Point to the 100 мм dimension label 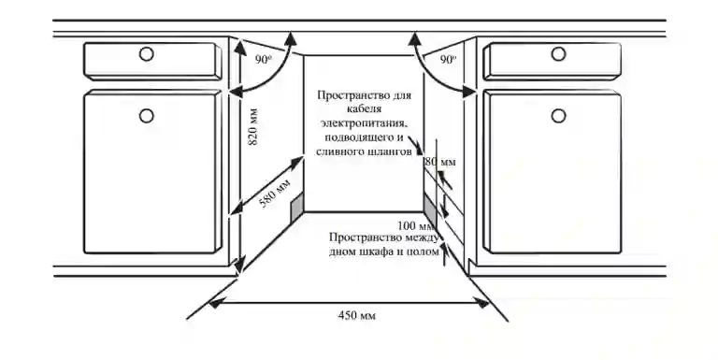[415, 225]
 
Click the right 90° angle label [449, 59]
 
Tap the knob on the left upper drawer [147, 53]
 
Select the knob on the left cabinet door [147, 115]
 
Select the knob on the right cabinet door [557, 115]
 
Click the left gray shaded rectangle [298, 210]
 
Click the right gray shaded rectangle [430, 209]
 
